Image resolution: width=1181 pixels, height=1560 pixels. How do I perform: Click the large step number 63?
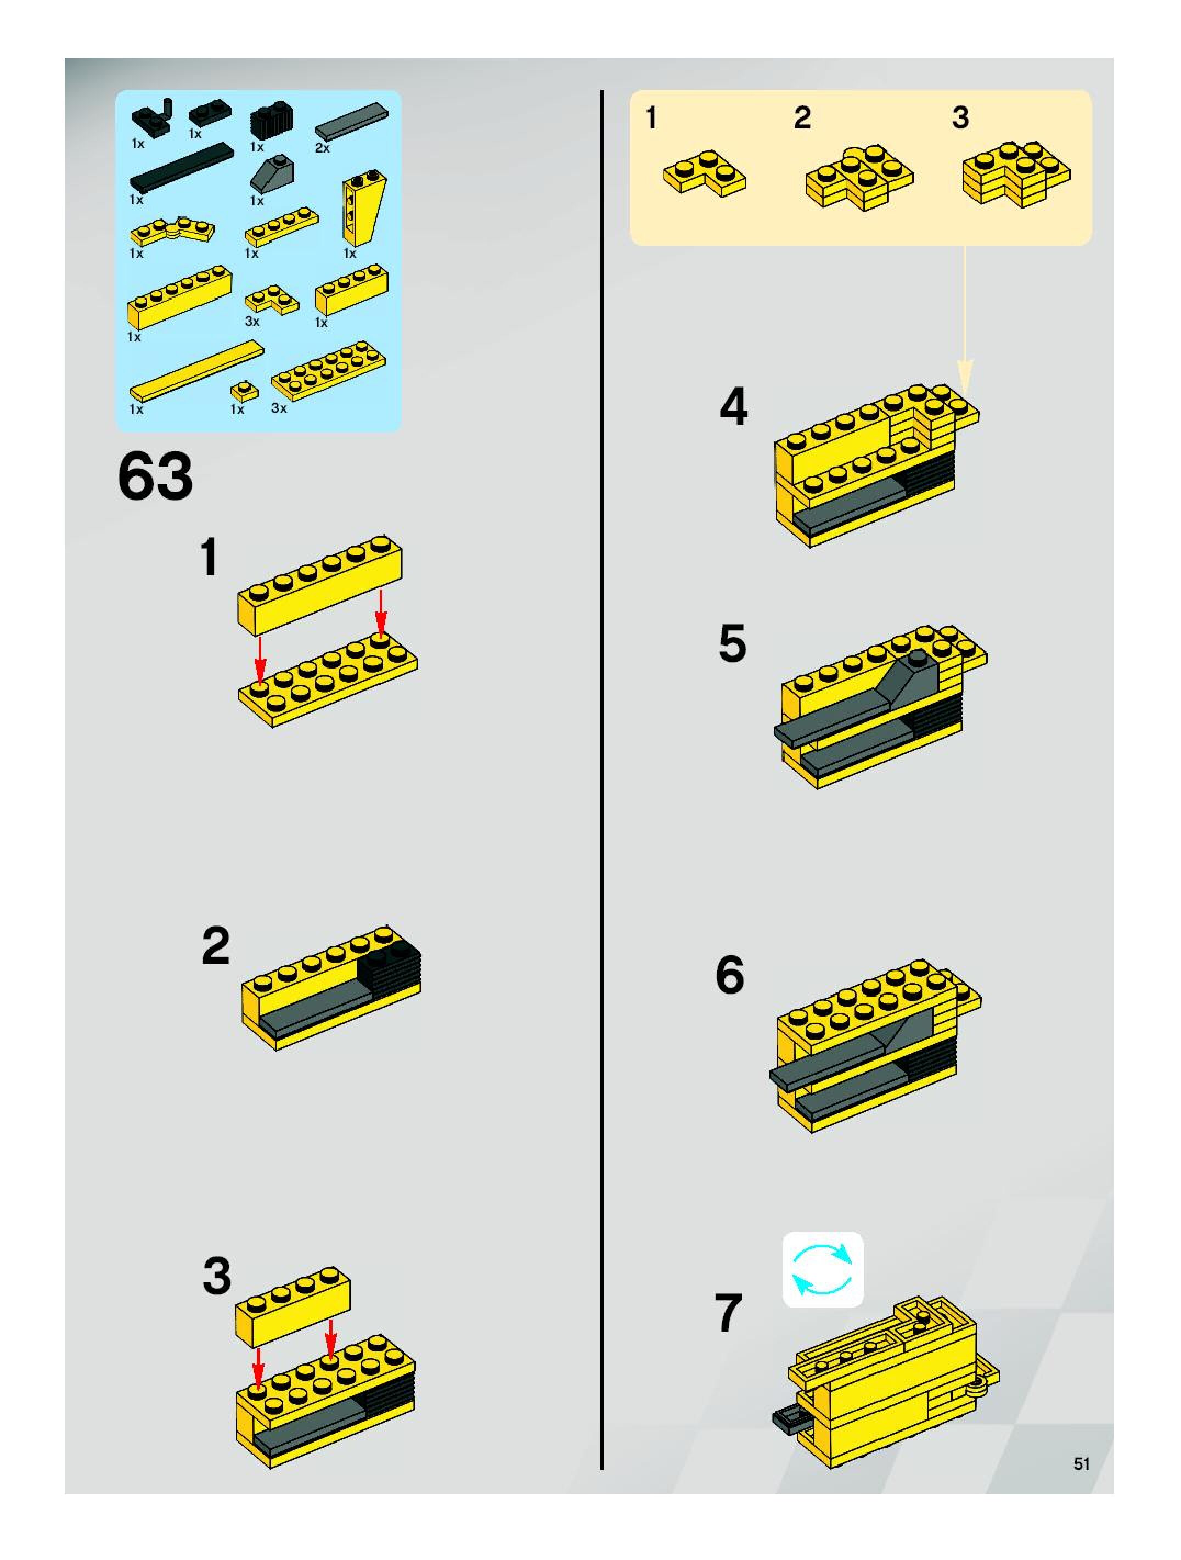pos(155,477)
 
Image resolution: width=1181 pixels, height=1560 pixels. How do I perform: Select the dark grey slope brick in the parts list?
pos(272,171)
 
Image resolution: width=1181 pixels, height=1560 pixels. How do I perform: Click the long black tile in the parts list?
pos(181,166)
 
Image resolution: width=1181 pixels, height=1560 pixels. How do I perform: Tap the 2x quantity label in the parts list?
pos(322,148)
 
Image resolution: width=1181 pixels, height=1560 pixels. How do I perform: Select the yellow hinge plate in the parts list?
pos(173,231)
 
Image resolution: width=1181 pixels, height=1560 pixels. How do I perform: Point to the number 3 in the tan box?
pos(960,118)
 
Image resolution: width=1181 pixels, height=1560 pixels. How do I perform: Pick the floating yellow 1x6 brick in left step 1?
pos(319,585)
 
